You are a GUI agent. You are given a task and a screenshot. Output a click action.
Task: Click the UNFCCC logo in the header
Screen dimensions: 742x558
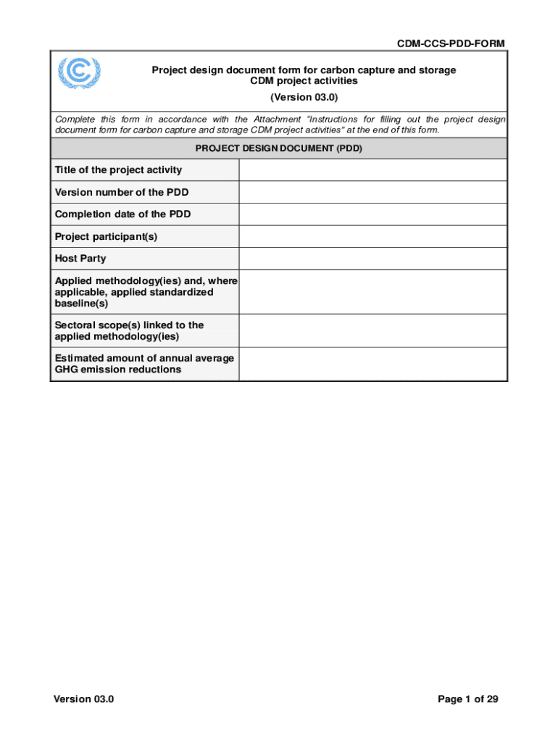(x=79, y=72)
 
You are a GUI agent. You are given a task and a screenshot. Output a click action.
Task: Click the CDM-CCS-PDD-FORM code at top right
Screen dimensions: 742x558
(x=450, y=44)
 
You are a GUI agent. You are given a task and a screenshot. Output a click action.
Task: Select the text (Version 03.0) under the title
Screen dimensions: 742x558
(x=304, y=97)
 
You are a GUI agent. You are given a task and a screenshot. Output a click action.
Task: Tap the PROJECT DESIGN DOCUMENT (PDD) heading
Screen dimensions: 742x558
(x=279, y=149)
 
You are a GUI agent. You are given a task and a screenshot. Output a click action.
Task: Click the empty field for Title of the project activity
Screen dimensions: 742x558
(x=372, y=170)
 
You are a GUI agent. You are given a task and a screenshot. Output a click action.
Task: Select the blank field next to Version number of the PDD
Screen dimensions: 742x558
(x=372, y=192)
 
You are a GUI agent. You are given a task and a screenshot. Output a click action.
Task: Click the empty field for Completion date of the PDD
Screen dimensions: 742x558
(x=372, y=214)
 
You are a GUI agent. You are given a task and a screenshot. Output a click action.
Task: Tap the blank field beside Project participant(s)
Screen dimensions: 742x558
(x=372, y=237)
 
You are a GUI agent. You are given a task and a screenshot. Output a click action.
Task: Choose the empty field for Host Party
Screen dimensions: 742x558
(x=372, y=259)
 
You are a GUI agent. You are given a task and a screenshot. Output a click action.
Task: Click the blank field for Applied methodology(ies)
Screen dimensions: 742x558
(x=372, y=292)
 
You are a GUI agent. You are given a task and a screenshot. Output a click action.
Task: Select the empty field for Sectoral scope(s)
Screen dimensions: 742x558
(x=372, y=330)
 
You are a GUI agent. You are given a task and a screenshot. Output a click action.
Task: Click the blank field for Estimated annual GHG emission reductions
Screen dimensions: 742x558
(x=372, y=364)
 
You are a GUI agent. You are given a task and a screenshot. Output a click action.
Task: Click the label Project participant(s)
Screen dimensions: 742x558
(x=106, y=237)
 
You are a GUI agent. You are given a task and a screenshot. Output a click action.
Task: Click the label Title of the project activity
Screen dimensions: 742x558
(x=118, y=170)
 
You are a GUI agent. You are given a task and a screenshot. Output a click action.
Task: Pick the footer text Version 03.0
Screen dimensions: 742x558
(x=83, y=699)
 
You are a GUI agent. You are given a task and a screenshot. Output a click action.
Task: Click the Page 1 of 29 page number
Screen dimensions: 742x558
(x=467, y=699)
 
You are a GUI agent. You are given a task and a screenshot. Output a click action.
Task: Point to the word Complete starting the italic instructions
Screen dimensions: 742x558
(x=75, y=120)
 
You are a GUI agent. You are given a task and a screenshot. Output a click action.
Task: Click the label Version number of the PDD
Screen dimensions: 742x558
(x=122, y=192)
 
